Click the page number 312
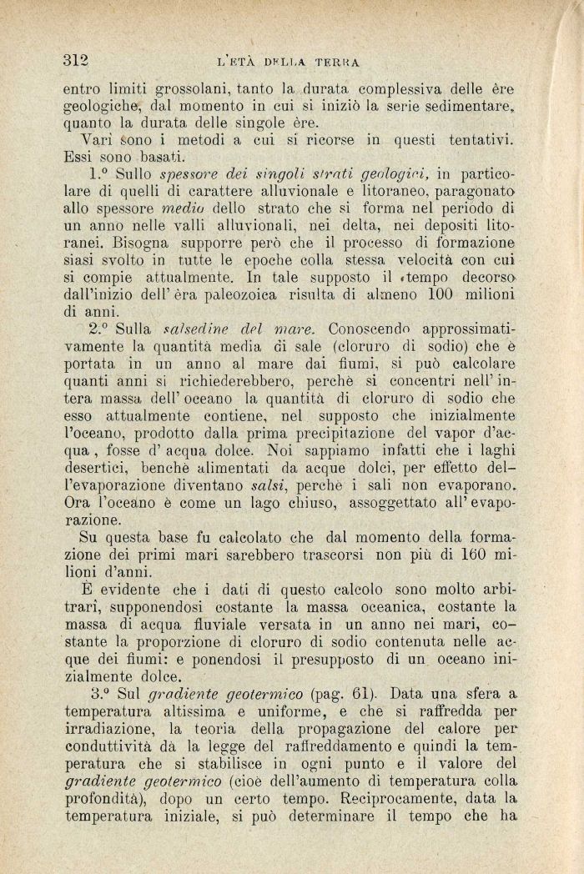pos(76,59)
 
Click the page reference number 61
pos(347,693)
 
